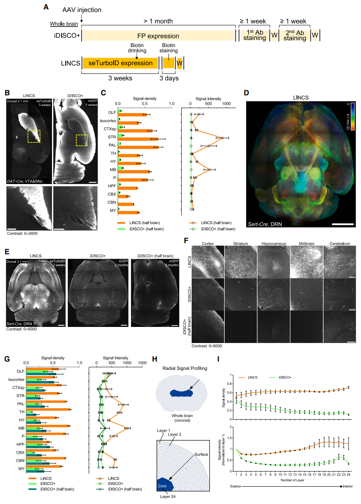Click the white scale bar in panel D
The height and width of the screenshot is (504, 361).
click(x=342, y=224)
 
